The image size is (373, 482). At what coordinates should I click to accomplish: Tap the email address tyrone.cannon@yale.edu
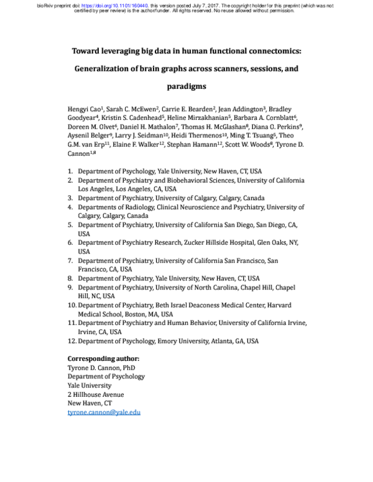coord(104,412)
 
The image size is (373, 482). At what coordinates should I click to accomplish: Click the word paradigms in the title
coord(186,86)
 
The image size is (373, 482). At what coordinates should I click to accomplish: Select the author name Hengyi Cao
coord(85,109)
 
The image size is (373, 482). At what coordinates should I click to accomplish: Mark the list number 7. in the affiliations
coord(71,261)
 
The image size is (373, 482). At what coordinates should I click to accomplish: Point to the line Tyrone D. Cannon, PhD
coord(101,368)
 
